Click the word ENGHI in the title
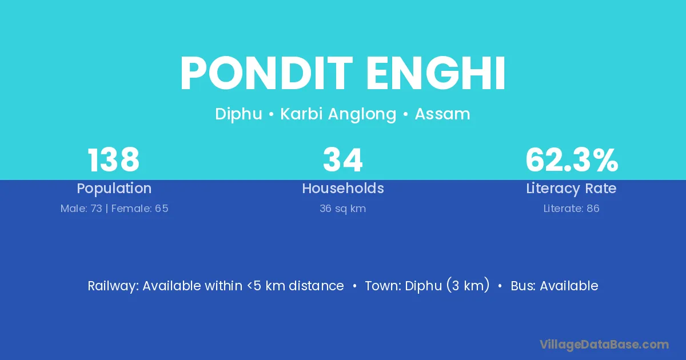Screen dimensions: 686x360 pos(436,73)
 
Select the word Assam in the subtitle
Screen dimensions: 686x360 pos(442,114)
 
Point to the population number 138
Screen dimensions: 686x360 pos(114,160)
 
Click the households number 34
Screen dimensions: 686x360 pos(343,160)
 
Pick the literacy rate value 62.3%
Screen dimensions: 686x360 pos(572,160)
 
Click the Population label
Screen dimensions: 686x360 pos(114,189)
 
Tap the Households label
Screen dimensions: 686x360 pos(343,188)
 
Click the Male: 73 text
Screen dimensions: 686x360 pos(81,209)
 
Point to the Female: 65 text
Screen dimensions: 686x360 pos(139,209)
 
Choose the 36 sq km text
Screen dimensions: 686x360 pos(343,209)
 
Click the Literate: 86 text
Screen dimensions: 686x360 pos(572,209)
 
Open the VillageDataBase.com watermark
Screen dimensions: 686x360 pos(604,345)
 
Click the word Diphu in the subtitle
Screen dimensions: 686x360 pos(239,114)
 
